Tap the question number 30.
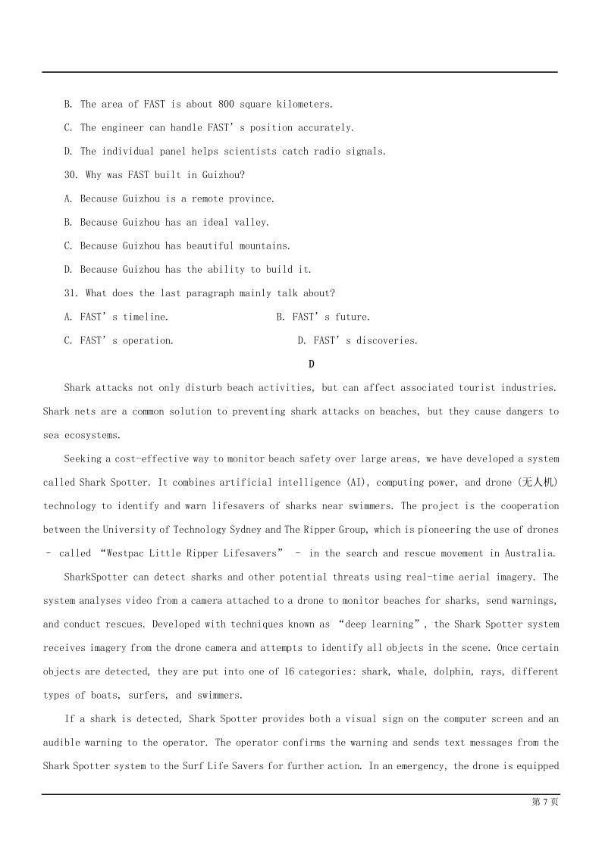click(71, 175)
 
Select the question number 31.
click(71, 293)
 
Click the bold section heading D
click(312, 364)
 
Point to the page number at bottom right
click(545, 803)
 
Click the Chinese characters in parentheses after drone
click(543, 483)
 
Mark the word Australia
click(531, 553)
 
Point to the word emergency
click(417, 766)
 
